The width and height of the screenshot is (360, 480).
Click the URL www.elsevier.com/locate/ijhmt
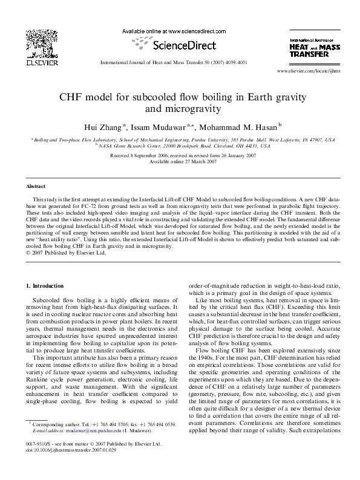click(x=306, y=71)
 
